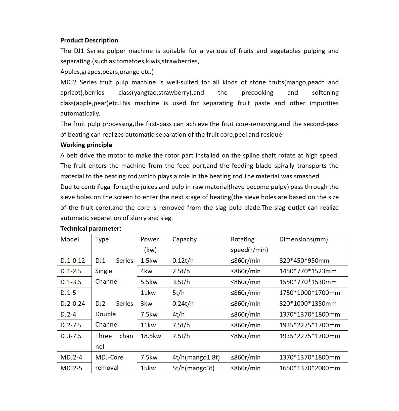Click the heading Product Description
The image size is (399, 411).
coord(89,40)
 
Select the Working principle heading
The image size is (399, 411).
coord(86,145)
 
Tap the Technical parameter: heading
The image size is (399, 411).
coord(91,229)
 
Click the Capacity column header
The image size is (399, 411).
coord(184,239)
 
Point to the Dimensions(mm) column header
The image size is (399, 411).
coord(303,239)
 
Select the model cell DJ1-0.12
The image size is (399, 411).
coord(72,261)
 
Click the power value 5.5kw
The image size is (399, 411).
coord(149,282)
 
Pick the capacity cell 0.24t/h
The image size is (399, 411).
coord(183,304)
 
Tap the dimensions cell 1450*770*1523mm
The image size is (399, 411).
coord(308,271)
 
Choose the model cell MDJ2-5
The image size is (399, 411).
coord(71,368)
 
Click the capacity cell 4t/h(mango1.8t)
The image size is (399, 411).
coord(196,357)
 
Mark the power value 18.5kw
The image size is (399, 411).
coord(151,336)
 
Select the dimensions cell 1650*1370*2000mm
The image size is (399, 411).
coord(309,368)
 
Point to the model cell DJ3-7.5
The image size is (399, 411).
coord(71,336)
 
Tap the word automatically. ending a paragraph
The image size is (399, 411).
coord(80,114)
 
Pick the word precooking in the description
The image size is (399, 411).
coord(257,93)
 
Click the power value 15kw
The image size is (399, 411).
coord(148,368)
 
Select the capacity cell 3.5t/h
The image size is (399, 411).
coord(181,282)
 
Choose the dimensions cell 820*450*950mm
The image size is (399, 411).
coord(304,261)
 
